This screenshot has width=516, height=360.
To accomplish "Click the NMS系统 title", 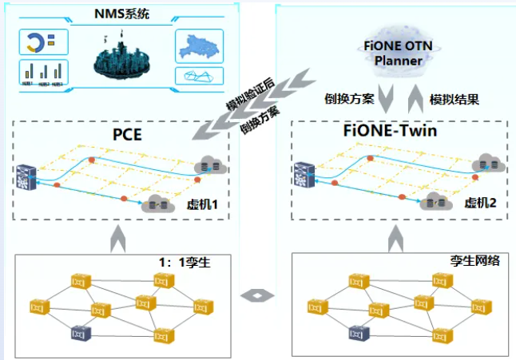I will tap(121, 14).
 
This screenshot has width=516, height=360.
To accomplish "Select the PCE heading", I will tap(127, 134).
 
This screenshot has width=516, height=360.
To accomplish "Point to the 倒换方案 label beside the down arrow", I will tap(347, 99).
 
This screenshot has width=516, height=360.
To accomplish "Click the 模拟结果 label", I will tap(455, 99).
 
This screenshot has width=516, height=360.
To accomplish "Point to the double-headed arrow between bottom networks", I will tap(257, 296).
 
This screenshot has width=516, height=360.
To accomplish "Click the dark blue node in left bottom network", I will tap(79, 331).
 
